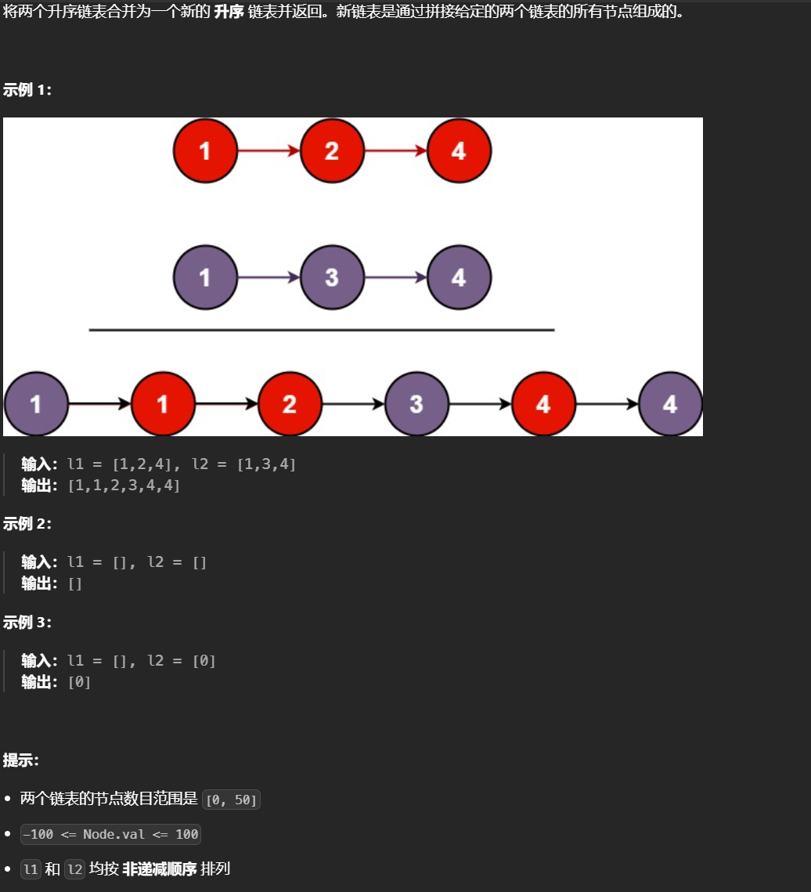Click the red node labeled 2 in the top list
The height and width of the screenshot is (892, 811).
(332, 150)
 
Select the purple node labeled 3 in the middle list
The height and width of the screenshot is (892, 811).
(332, 276)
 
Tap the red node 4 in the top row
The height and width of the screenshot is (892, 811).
(459, 150)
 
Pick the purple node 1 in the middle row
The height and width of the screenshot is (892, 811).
(205, 276)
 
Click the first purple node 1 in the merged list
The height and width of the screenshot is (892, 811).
(36, 404)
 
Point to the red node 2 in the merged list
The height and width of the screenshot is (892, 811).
(290, 404)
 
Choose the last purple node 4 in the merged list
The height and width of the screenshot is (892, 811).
(670, 404)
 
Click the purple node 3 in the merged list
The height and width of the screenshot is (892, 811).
(416, 404)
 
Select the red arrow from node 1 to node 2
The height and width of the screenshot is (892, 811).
(269, 150)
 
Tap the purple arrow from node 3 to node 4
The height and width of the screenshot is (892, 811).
(395, 276)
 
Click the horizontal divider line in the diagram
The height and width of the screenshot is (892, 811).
(321, 330)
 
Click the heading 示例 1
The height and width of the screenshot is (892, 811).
(27, 90)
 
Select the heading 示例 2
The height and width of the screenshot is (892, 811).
(27, 524)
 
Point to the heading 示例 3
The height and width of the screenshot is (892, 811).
(27, 623)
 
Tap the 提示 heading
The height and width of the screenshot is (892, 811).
(21, 760)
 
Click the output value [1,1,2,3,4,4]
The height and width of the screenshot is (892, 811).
(124, 486)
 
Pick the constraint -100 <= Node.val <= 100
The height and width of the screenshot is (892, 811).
(110, 834)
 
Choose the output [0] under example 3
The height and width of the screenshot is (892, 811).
(79, 682)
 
